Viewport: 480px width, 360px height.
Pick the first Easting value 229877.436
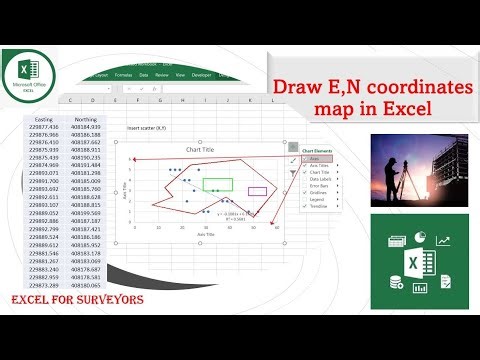(x=43, y=127)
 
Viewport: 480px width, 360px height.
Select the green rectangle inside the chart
(x=218, y=184)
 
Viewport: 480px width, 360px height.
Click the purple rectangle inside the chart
(x=257, y=190)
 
